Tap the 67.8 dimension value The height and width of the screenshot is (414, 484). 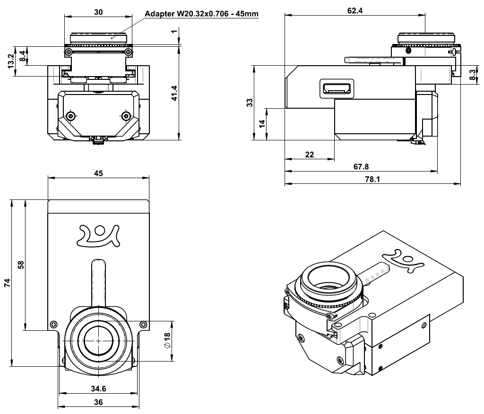[361, 166]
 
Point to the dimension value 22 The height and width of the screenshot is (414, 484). [310, 154]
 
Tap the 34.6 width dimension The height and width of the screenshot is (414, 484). [98, 388]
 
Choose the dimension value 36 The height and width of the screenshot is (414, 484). [98, 402]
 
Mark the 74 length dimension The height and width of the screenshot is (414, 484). [7, 283]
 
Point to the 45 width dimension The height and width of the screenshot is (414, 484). [98, 173]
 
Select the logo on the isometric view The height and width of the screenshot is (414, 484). [406, 259]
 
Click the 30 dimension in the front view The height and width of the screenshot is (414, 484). [98, 13]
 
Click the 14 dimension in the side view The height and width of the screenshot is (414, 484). [262, 124]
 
